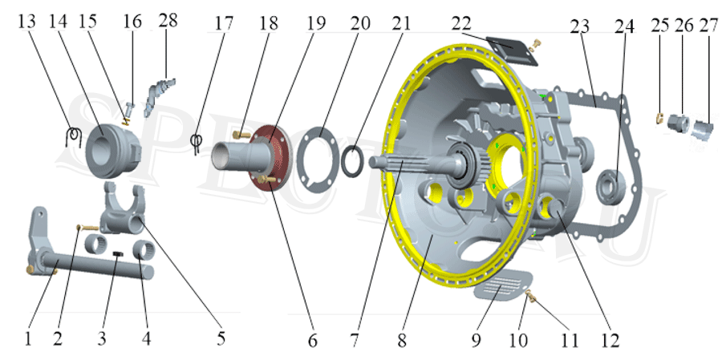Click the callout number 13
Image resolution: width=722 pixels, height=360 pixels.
point(26,22)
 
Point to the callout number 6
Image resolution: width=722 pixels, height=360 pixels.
point(312,339)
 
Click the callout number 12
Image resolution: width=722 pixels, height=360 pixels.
point(610,339)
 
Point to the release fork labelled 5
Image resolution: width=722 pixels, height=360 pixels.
point(123,212)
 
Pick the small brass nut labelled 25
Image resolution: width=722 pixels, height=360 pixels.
point(659,119)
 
